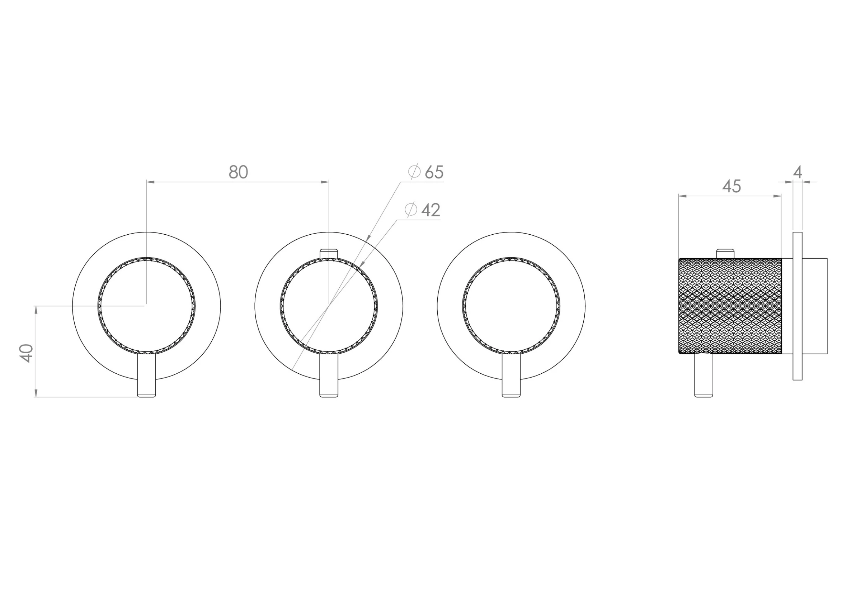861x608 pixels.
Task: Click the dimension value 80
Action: [239, 172]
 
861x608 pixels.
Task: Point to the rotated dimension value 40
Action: [26, 353]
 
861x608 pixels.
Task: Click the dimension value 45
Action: [731, 186]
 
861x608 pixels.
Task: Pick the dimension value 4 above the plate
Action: [798, 172]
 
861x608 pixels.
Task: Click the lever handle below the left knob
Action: [146, 375]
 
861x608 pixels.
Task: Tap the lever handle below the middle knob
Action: [329, 375]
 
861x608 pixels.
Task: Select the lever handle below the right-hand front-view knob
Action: [511, 375]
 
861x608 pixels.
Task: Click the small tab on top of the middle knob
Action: [329, 254]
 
